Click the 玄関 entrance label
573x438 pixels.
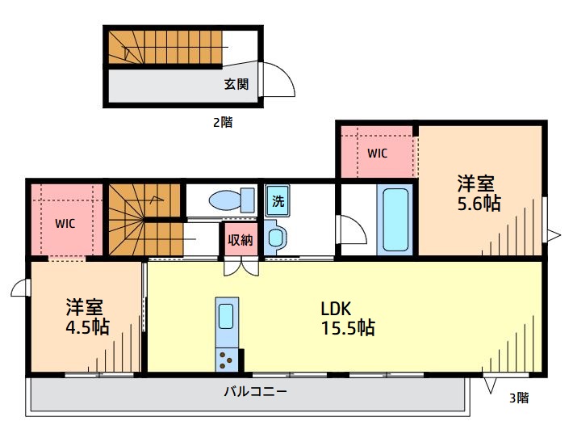tap(236, 83)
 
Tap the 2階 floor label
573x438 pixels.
tap(223, 123)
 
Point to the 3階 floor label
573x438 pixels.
tap(519, 398)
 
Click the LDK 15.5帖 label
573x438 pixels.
tap(347, 318)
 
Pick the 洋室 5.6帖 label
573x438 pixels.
tap(479, 194)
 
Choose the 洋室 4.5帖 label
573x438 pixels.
tap(87, 317)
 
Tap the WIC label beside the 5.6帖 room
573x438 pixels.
tap(378, 153)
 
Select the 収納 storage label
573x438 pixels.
tap(240, 239)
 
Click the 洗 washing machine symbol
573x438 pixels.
tap(278, 201)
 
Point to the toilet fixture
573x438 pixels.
tap(229, 200)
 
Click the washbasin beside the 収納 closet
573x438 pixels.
tap(276, 238)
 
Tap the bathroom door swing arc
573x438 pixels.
tap(353, 231)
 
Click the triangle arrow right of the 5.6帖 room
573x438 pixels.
tap(553, 235)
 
